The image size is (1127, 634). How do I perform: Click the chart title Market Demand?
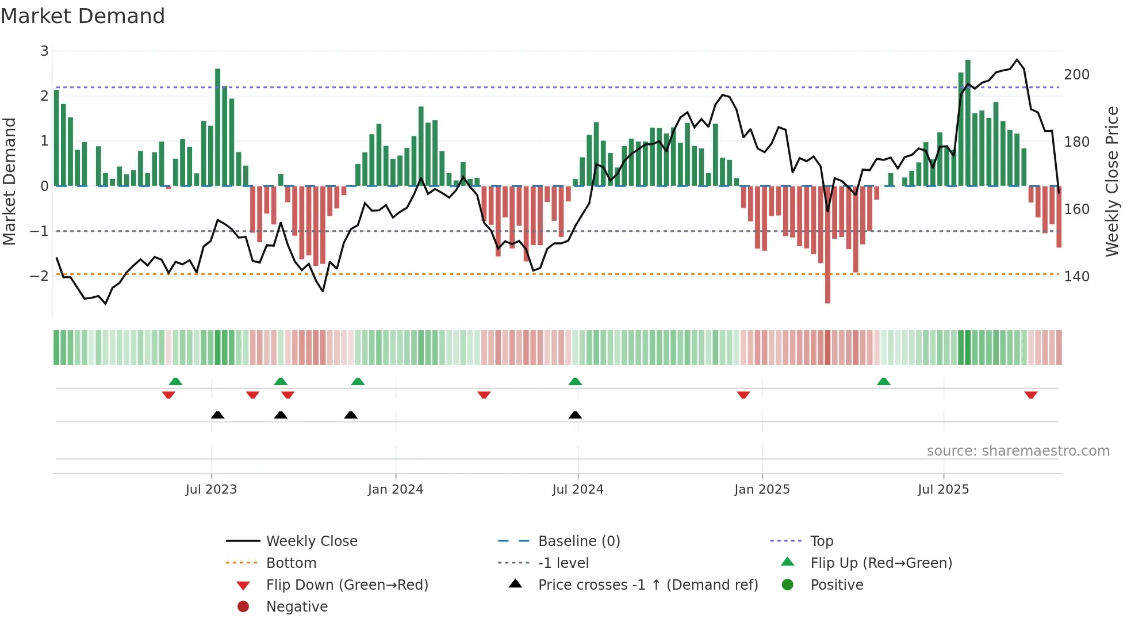83,16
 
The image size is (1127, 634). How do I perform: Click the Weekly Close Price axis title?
1112,181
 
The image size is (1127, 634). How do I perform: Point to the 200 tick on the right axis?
1076,75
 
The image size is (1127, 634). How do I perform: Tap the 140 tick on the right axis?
1076,277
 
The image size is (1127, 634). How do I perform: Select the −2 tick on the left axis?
39,276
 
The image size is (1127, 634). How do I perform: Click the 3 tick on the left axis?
44,51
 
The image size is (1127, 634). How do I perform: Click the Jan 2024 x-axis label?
395,490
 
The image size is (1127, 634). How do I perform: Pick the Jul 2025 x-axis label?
943,490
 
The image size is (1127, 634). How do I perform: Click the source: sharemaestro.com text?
1018,451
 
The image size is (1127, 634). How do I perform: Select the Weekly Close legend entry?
311,541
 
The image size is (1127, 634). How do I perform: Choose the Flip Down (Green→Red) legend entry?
347,585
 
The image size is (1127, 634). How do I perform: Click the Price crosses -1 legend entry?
647,585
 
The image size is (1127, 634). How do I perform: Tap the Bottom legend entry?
291,563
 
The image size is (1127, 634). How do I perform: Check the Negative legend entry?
297,607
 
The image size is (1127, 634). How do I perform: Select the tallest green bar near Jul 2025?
968,121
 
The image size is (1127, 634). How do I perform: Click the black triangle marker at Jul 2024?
575,415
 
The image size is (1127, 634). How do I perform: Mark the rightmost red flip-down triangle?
1030,395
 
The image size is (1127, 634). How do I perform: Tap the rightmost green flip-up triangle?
884,381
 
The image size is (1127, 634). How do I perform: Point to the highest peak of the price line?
1017,60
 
